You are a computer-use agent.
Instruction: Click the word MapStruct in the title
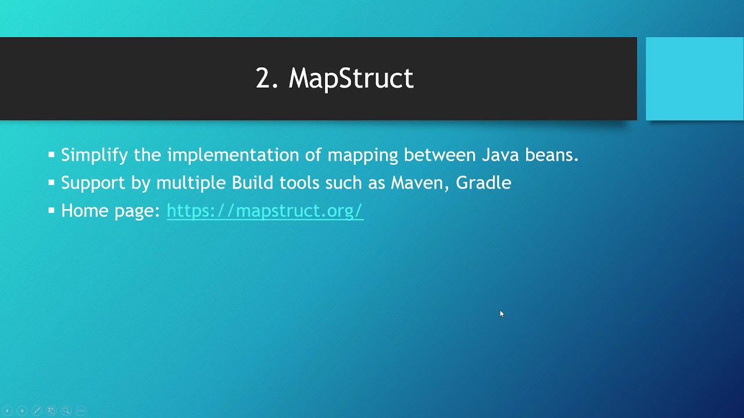(x=351, y=78)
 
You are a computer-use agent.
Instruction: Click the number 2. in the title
(x=267, y=78)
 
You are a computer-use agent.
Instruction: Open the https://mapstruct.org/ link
(x=264, y=211)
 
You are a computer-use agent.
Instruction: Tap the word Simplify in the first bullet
(x=95, y=156)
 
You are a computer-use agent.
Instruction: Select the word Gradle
(x=483, y=183)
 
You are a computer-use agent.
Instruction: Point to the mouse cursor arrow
(x=502, y=313)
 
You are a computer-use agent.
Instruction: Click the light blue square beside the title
(x=695, y=78)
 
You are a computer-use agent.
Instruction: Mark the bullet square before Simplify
(x=51, y=155)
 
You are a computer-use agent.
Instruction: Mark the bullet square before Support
(x=51, y=183)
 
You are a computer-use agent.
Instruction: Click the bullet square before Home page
(x=51, y=211)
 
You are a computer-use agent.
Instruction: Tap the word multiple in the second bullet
(x=191, y=183)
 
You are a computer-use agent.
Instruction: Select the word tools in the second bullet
(x=299, y=183)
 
